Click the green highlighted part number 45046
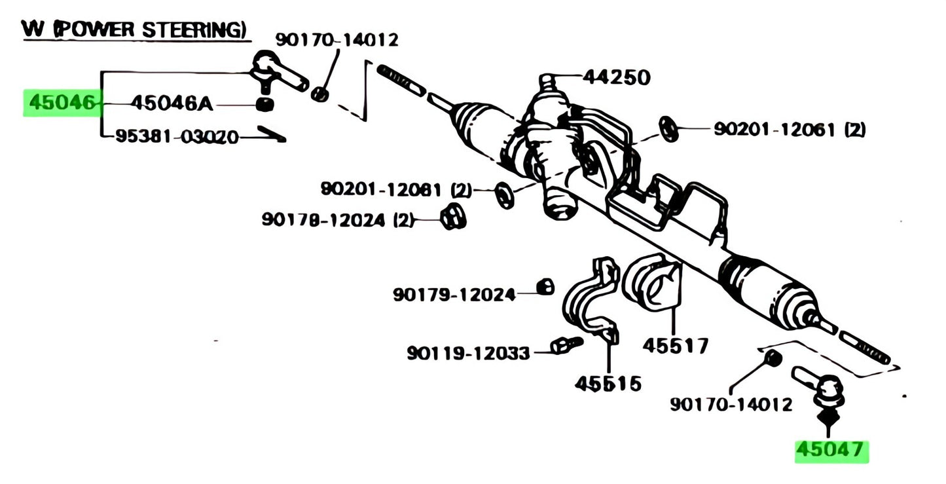[63, 103]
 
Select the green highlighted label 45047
[831, 451]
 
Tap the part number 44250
[617, 78]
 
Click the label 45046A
[172, 103]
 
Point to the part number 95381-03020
[177, 137]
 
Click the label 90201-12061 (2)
[789, 130]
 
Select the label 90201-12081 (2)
[395, 189]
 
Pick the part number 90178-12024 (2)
[338, 220]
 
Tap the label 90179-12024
[454, 295]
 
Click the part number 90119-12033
[468, 353]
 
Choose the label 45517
[675, 345]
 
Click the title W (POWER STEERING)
[134, 29]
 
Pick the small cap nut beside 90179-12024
[545, 286]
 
